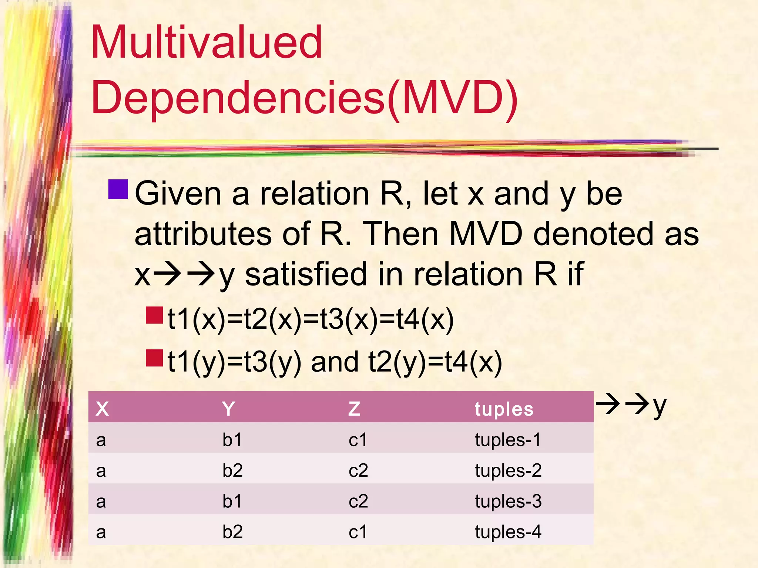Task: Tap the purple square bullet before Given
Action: tap(118, 189)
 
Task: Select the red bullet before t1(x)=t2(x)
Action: tap(154, 315)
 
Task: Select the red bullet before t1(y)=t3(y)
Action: tap(154, 358)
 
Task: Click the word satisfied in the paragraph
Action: tap(305, 274)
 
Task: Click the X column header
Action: tap(102, 409)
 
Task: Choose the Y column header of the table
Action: tap(228, 409)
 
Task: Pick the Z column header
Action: tap(354, 409)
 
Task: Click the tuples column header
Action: tap(504, 409)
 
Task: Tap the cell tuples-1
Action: tap(508, 440)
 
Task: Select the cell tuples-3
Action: tap(508, 501)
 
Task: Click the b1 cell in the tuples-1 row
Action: tap(232, 440)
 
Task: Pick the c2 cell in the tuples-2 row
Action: tap(358, 471)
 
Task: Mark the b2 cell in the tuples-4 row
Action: tap(232, 532)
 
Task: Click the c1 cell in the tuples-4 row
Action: tap(358, 532)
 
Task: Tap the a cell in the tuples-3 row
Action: tap(101, 501)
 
